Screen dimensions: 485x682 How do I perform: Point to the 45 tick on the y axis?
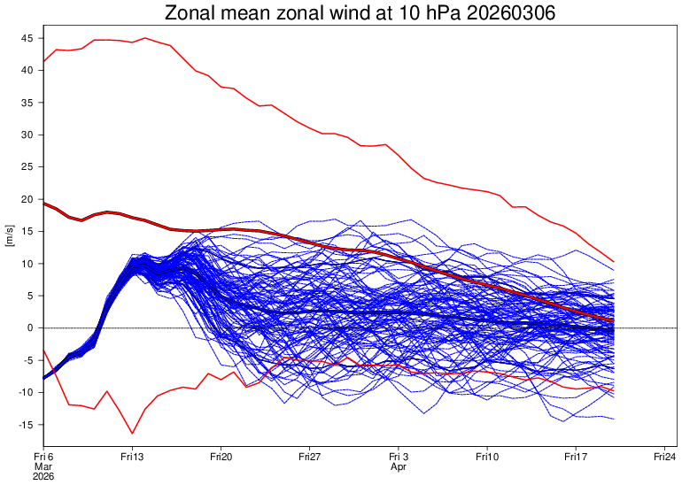(x=27, y=39)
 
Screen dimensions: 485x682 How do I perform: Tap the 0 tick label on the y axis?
(x=31, y=327)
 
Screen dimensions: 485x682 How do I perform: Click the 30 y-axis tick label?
(x=27, y=135)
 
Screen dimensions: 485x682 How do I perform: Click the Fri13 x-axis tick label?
(x=132, y=457)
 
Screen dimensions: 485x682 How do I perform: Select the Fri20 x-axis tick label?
(x=221, y=457)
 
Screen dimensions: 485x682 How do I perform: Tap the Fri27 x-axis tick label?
(x=309, y=457)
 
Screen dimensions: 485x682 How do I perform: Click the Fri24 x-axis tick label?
(x=664, y=457)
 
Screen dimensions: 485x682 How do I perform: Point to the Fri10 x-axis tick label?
(x=487, y=457)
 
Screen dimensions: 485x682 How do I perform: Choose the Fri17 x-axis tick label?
(x=576, y=457)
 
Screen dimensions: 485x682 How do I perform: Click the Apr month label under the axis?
(x=398, y=466)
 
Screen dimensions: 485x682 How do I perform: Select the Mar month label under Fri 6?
(x=43, y=466)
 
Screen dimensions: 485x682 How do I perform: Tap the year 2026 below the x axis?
(x=43, y=476)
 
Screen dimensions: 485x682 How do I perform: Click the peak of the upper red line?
(x=145, y=38)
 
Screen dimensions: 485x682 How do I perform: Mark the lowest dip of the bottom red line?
(x=133, y=433)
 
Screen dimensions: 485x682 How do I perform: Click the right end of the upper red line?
(x=614, y=262)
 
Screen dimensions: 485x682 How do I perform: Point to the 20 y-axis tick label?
(x=27, y=199)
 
